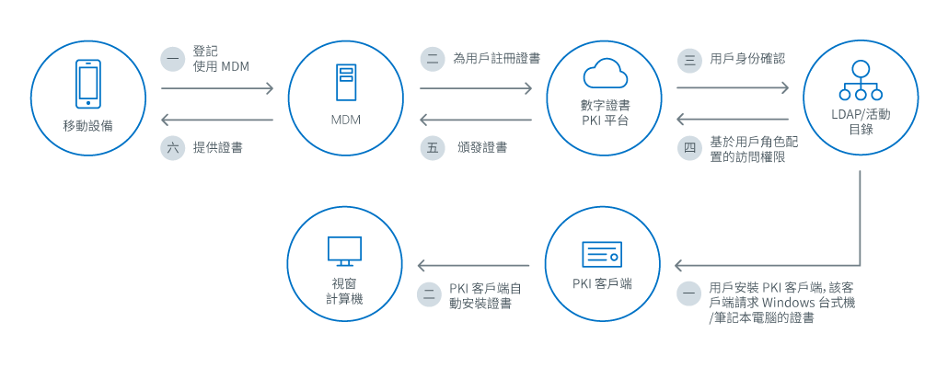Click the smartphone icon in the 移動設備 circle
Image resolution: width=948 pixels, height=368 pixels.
pyautogui.click(x=88, y=84)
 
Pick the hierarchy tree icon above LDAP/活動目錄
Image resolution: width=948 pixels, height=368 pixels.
pyautogui.click(x=861, y=81)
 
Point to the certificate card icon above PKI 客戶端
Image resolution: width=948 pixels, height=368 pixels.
pyautogui.click(x=605, y=253)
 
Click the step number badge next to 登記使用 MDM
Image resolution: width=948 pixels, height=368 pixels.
pyautogui.click(x=172, y=59)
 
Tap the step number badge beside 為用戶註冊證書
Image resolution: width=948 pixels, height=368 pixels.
pyautogui.click(x=431, y=59)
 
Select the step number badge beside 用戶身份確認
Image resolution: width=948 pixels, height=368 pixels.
pyautogui.click(x=688, y=60)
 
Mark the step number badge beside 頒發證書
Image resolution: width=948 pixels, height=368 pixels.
pyautogui.click(x=431, y=148)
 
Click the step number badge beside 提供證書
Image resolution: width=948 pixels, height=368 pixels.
pyautogui.click(x=172, y=147)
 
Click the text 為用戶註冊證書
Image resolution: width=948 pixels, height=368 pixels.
pyautogui.click(x=496, y=58)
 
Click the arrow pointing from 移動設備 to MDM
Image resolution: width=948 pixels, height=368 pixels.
pyautogui.click(x=218, y=89)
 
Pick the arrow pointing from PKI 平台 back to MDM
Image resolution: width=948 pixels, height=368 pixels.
pyautogui.click(x=476, y=120)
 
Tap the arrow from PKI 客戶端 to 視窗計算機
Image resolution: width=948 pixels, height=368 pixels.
pyautogui.click(x=476, y=266)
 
